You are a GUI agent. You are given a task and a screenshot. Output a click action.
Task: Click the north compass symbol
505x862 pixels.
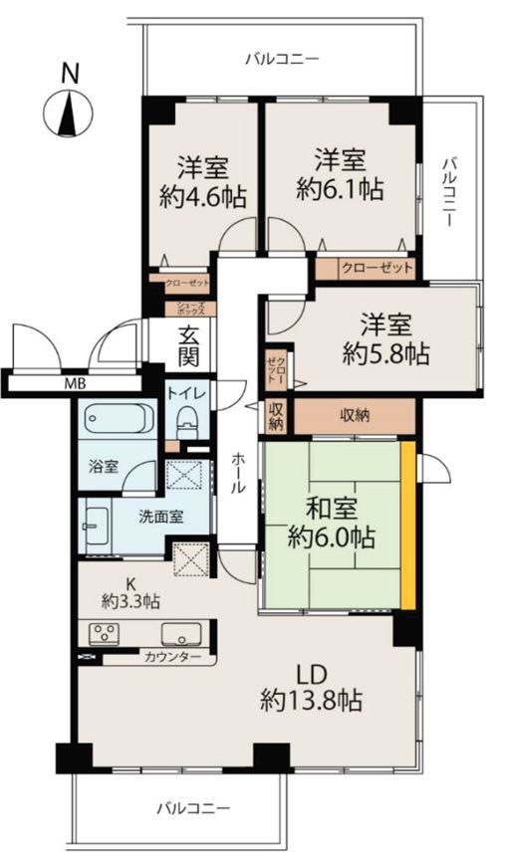(x=68, y=107)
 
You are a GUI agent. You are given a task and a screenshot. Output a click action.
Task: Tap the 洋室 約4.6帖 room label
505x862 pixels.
(x=203, y=181)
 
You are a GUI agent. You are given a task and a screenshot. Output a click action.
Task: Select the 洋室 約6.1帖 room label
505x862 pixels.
(x=340, y=174)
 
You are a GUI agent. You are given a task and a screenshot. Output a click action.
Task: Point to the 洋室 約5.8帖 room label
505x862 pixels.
(x=385, y=339)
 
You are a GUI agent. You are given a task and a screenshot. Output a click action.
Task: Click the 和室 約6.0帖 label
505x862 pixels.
(x=332, y=524)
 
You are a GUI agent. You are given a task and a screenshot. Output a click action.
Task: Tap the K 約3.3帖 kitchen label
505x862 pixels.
(x=130, y=593)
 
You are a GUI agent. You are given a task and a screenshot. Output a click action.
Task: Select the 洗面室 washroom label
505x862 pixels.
(x=160, y=517)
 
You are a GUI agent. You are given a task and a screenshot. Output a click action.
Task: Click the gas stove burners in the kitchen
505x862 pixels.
(x=105, y=633)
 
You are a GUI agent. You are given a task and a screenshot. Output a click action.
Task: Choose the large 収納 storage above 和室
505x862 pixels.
(x=355, y=416)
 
